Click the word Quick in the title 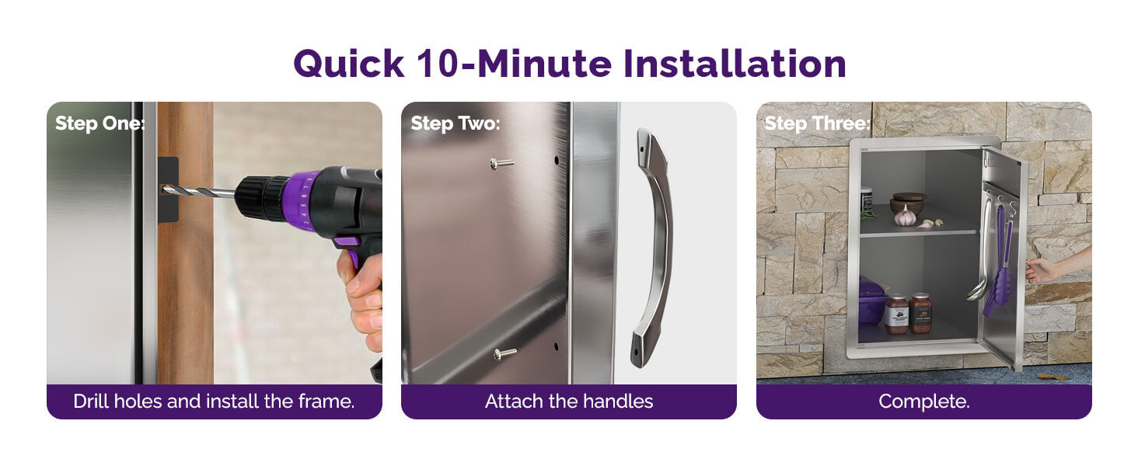coord(348,64)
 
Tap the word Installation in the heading coord(734,63)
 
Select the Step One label coord(99,123)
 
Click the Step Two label coord(456,123)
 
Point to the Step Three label coord(818,123)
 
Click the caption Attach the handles coord(569,402)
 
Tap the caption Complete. coord(924,402)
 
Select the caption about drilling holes coord(214,402)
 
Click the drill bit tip coord(163,190)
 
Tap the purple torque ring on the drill coord(303,198)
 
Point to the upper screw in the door coord(501,163)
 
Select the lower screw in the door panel coord(504,353)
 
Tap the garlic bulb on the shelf coord(905,217)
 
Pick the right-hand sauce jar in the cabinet coord(920,313)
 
